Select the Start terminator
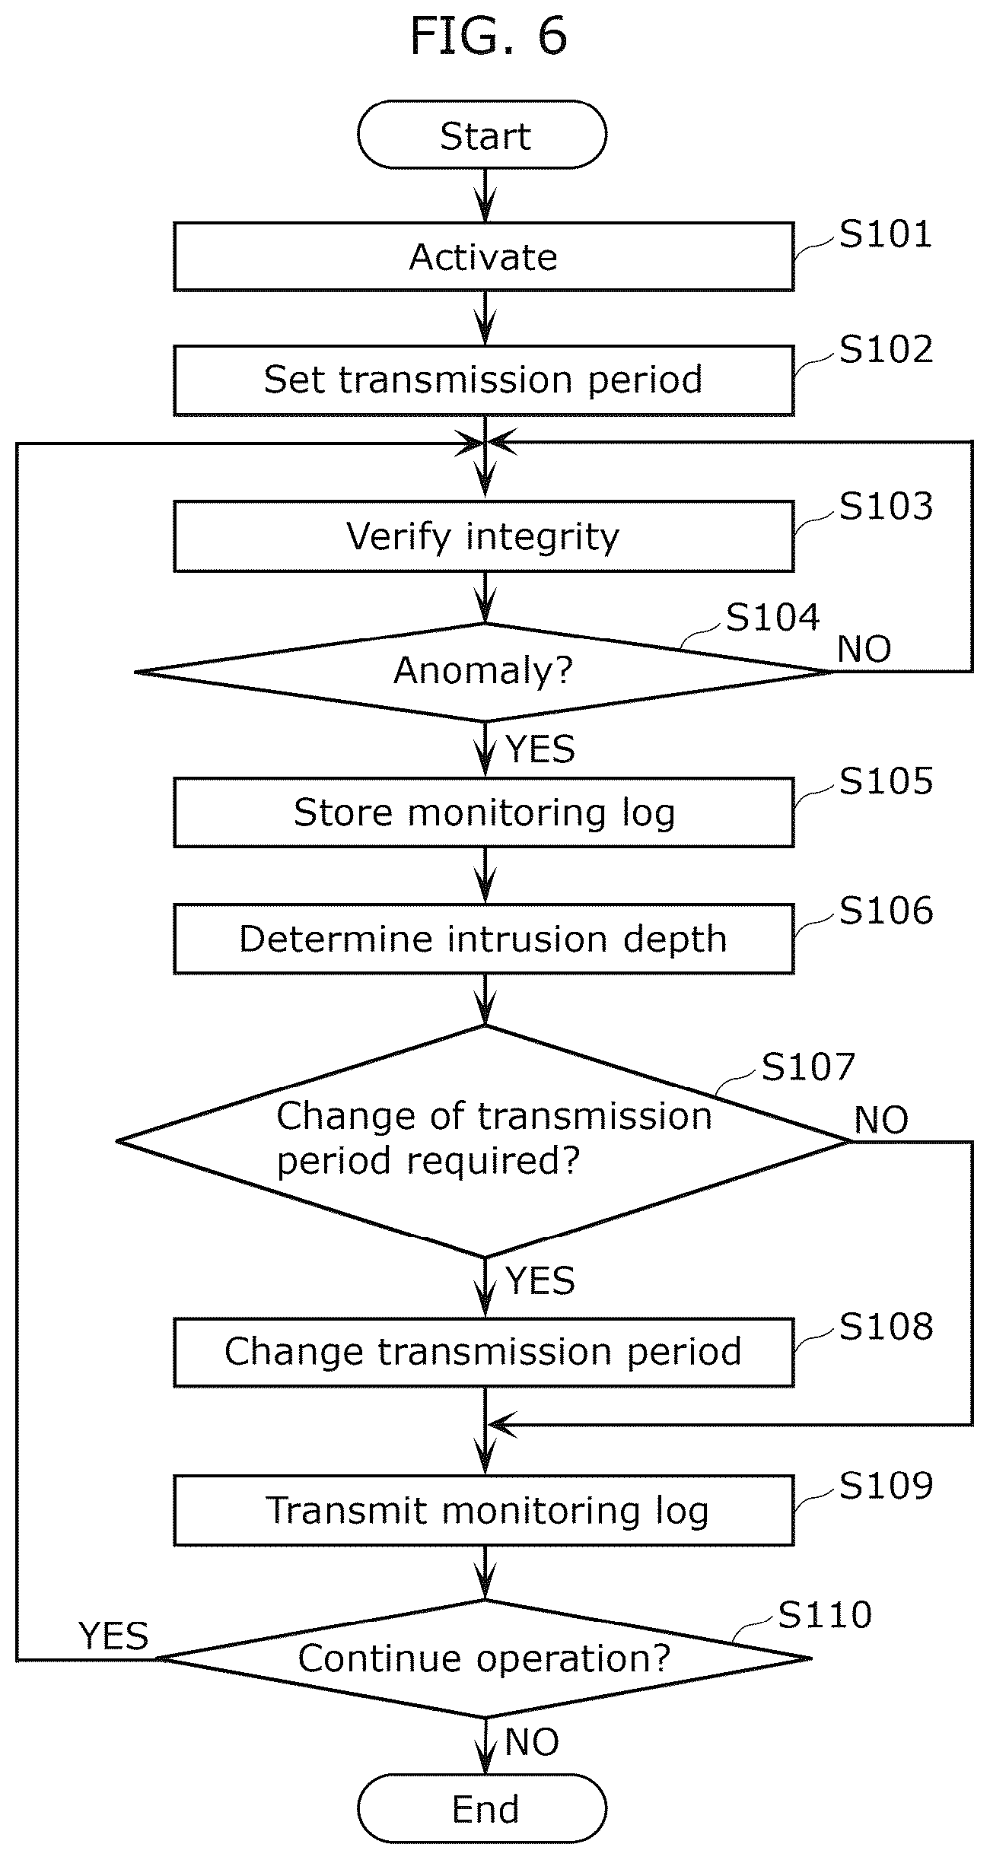482,135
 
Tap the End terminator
482,1808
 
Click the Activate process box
484,256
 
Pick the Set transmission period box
484,380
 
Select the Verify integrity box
484,536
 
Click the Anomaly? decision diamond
484,672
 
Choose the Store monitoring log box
484,812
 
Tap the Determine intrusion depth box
484,938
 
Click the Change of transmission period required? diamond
484,1141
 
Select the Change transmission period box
484,1352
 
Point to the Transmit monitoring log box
484,1510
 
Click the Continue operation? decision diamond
484,1658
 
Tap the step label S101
886,234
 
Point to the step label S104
773,617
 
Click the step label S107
808,1067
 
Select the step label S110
825,1614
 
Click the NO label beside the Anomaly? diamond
864,650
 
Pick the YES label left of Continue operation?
114,1636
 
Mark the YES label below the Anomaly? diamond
540,749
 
